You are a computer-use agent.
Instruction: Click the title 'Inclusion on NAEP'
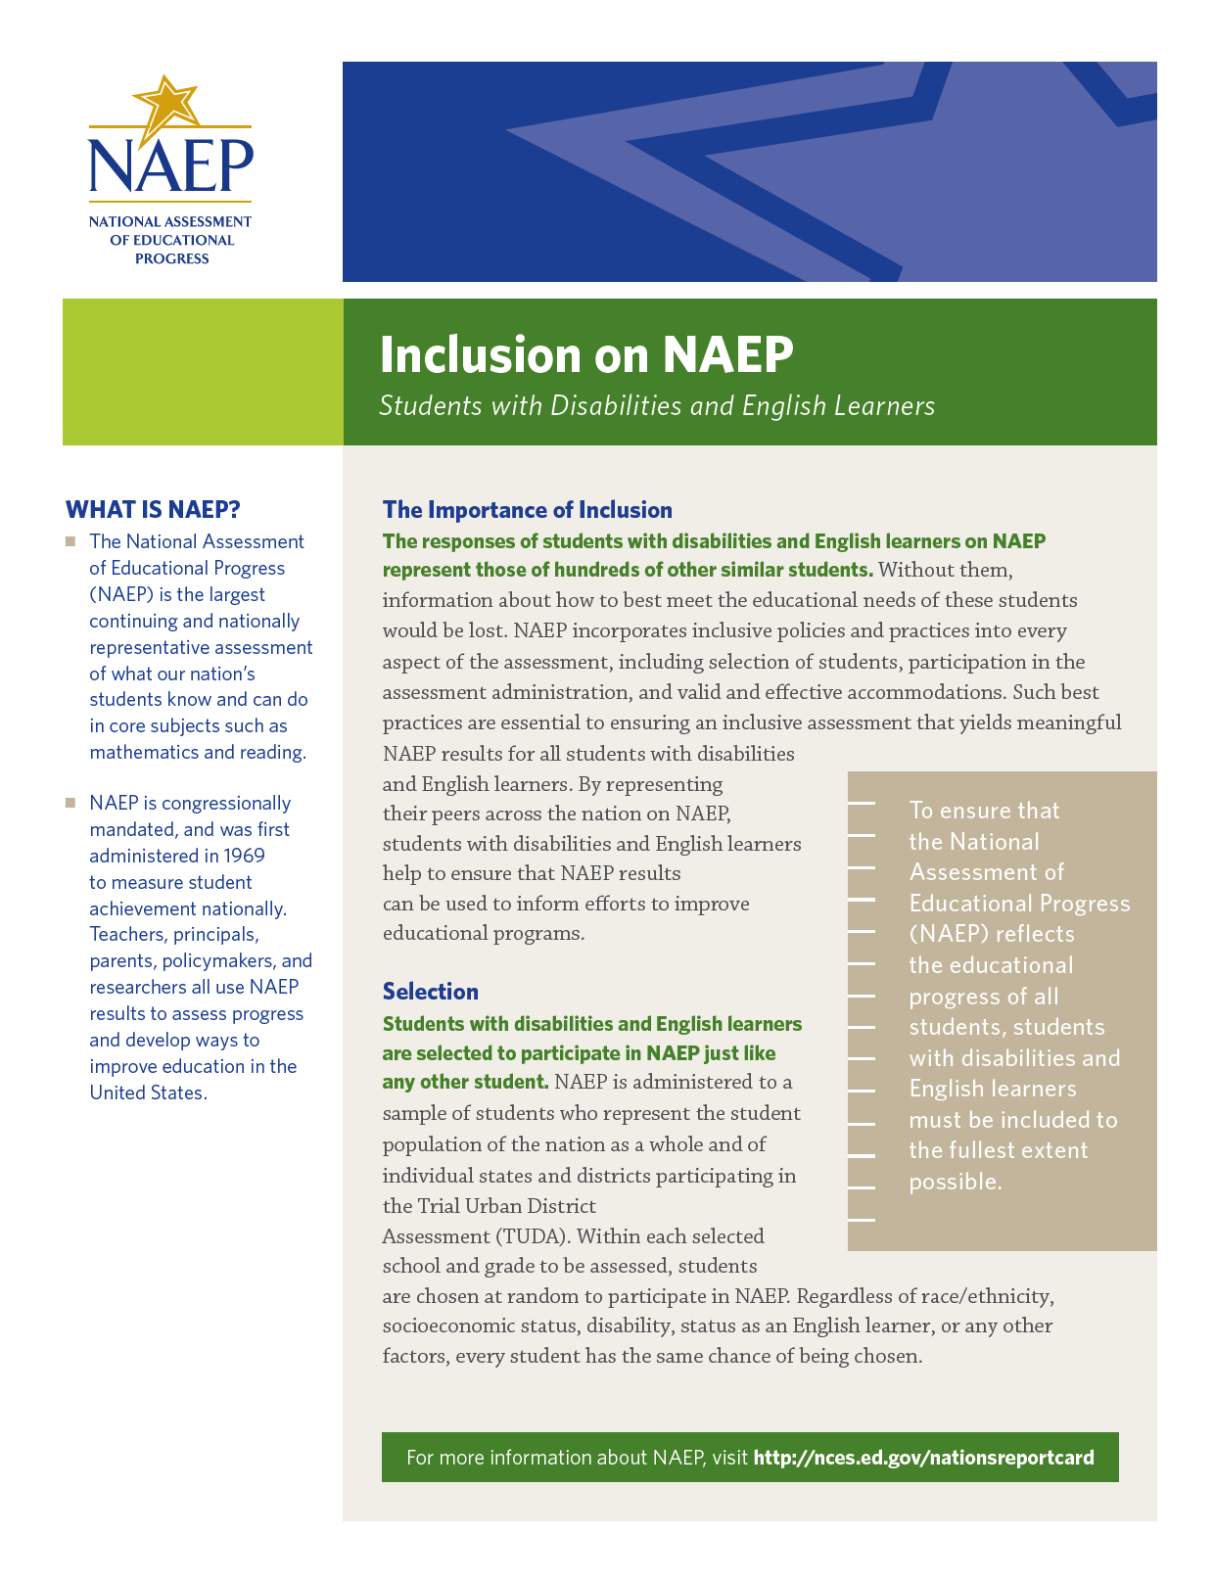585,354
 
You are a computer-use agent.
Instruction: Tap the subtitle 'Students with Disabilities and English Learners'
657,405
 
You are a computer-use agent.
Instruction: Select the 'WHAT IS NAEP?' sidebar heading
153,510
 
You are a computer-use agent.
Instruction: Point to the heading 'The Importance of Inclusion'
527,510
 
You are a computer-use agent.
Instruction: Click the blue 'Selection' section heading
430,992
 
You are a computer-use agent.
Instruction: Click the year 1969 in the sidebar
244,856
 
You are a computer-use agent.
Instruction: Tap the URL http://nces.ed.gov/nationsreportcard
923,1458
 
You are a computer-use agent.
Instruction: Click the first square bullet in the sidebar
70,541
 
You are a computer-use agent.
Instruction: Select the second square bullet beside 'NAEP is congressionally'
70,803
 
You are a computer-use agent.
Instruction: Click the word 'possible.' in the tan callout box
956,1182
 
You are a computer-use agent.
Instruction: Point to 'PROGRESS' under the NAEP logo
171,259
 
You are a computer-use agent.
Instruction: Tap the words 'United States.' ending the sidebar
148,1093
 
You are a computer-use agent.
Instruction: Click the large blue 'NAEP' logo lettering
170,165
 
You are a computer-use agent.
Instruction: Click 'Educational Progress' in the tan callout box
1019,904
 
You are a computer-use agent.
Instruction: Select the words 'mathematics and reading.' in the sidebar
198,752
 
